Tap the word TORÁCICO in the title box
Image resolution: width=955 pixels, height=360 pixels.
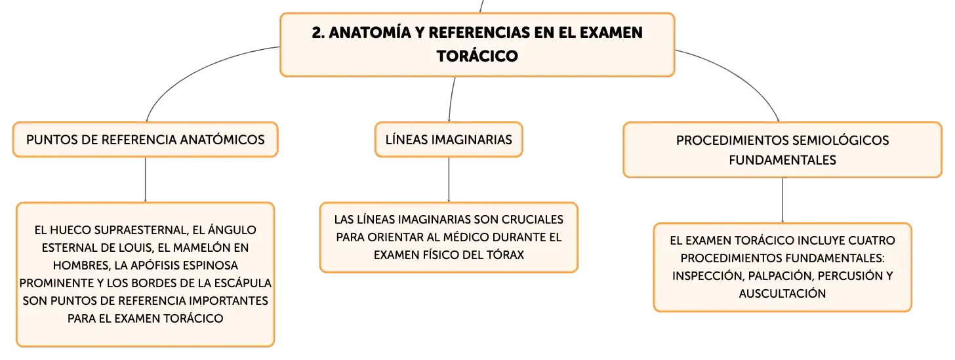[x=477, y=56]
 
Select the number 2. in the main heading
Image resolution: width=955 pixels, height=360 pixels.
[x=319, y=33]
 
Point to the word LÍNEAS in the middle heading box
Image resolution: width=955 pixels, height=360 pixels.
[x=406, y=139]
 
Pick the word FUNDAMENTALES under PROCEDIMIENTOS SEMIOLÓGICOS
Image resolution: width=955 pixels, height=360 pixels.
[x=782, y=160]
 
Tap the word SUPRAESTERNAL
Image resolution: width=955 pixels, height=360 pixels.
[x=141, y=230]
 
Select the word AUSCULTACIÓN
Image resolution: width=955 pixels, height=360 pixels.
[x=782, y=294]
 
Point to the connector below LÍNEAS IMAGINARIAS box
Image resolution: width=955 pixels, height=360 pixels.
[x=449, y=180]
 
